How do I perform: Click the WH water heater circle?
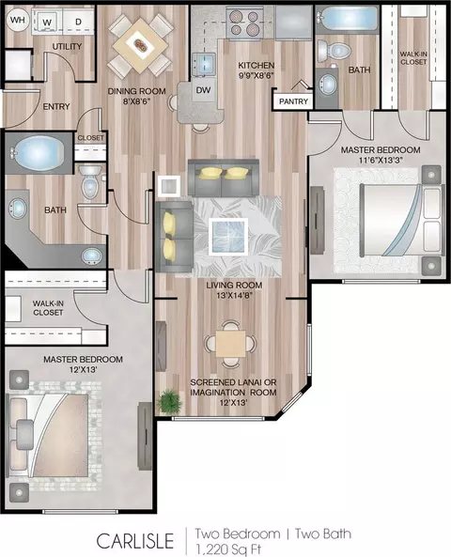pos(17,20)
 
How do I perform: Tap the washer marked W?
pos(47,22)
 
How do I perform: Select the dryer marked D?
pos(78,22)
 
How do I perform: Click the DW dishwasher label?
pos(203,90)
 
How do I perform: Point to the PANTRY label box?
pos(293,101)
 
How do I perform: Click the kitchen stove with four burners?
pos(244,23)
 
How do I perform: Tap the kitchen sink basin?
pos(204,64)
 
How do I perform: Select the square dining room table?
pos(140,45)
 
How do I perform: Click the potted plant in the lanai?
pos(170,402)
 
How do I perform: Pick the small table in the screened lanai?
pos(230,344)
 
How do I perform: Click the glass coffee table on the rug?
pos(228,237)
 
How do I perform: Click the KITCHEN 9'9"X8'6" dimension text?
pos(256,70)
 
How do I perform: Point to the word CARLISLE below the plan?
pos(135,541)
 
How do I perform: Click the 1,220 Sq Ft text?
pos(227,549)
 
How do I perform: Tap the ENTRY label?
pos(56,106)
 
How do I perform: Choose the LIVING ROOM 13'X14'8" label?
pos(234,290)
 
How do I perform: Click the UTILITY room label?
pos(67,47)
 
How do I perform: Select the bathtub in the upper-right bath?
pos(348,19)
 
